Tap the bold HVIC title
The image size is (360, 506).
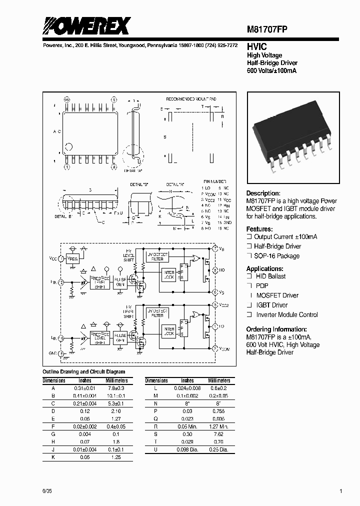(256, 46)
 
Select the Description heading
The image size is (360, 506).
(263, 193)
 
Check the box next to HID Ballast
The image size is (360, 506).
(248, 276)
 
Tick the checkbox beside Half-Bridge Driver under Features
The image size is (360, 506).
(248, 246)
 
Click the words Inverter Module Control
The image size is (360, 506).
(287, 315)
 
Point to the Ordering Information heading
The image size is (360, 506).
(276, 329)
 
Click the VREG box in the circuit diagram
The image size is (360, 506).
(73, 258)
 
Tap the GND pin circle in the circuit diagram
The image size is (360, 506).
(62, 353)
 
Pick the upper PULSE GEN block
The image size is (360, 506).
(120, 282)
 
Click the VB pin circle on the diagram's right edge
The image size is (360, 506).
(215, 248)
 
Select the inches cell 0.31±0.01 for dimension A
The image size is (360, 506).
(87, 388)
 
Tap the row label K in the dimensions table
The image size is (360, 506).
(53, 457)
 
